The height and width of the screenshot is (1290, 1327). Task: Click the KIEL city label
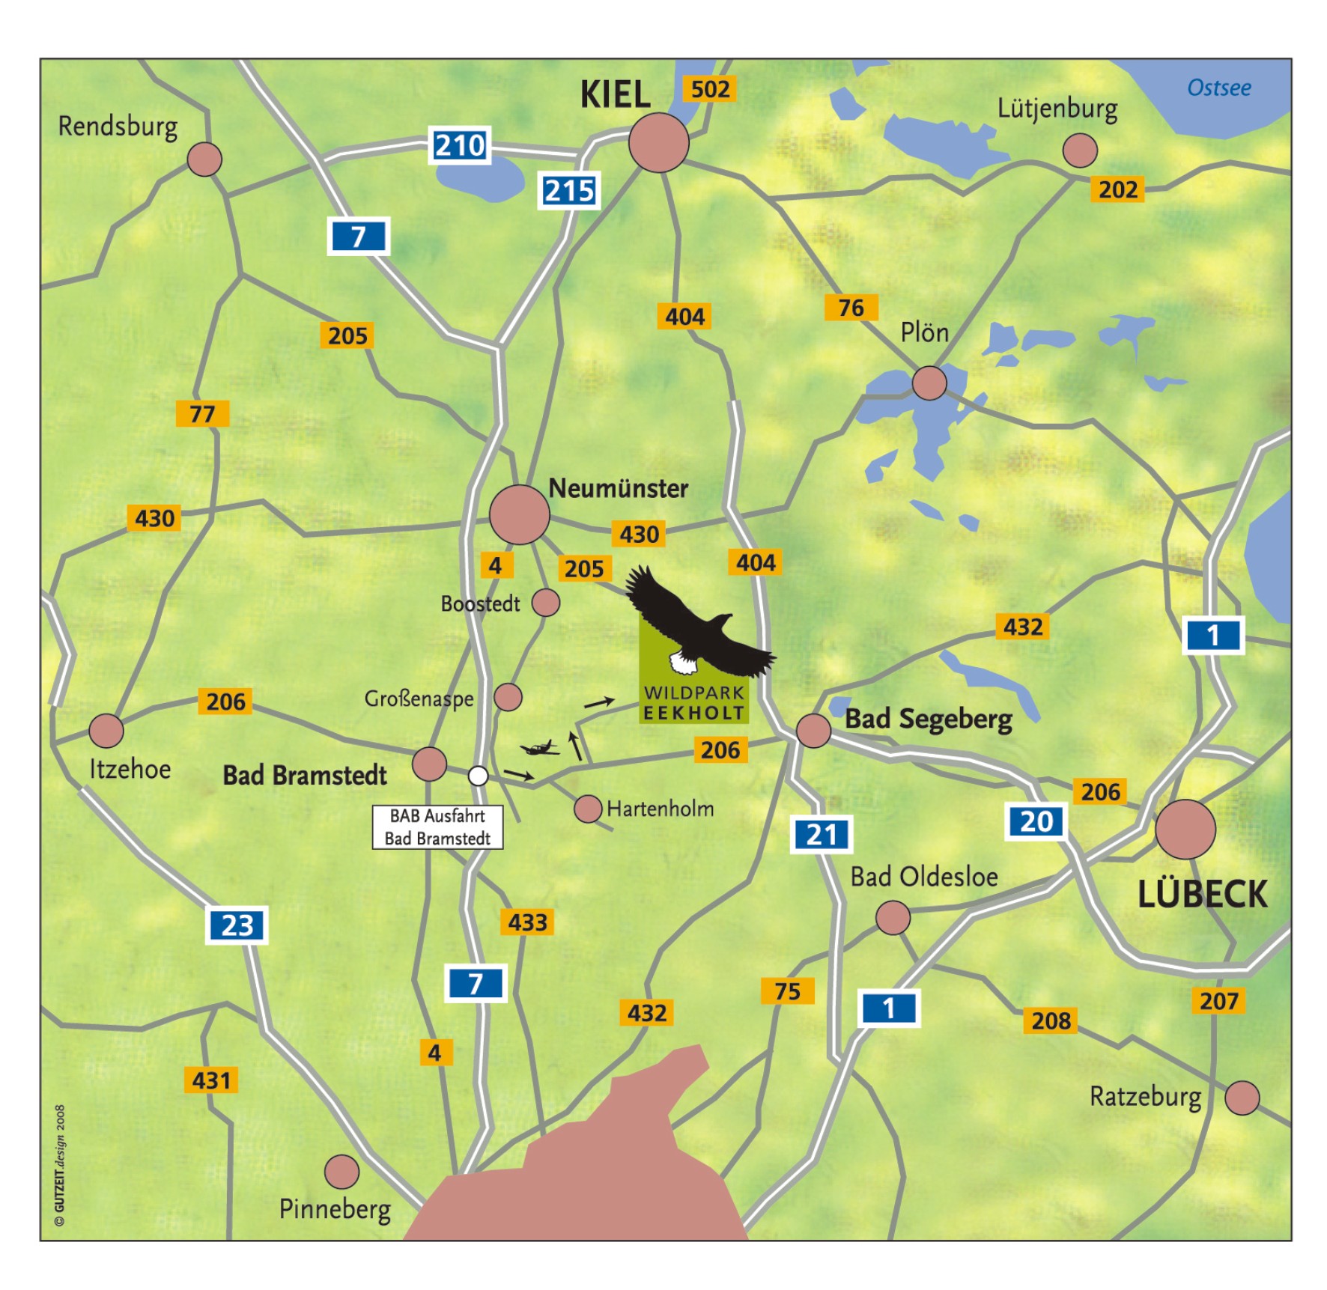tap(615, 95)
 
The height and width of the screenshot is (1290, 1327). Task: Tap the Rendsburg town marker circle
tap(204, 159)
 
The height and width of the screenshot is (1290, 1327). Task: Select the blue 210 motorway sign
tap(460, 145)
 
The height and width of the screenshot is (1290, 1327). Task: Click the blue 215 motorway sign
tap(569, 191)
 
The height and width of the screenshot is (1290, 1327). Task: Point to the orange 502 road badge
tap(709, 89)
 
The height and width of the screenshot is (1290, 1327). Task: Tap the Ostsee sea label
tap(1218, 88)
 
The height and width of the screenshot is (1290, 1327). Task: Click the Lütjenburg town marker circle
tap(1080, 150)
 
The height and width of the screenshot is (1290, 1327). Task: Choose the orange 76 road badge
tap(851, 308)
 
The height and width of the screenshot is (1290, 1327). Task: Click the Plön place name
tap(924, 332)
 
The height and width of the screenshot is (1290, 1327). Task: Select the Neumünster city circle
tap(519, 514)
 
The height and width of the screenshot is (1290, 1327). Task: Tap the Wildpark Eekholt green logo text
tap(693, 703)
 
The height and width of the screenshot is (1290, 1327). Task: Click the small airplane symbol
tap(540, 747)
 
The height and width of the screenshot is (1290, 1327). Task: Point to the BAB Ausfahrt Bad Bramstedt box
tap(437, 827)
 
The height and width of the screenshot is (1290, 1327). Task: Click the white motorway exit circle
tap(478, 776)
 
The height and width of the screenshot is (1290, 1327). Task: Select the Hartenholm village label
tap(660, 809)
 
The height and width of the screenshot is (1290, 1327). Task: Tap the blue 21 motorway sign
tap(822, 834)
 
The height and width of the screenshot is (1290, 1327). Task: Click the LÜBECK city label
tap(1202, 895)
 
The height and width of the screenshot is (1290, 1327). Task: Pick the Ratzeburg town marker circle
tap(1242, 1098)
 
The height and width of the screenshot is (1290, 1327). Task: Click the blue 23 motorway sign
tap(237, 925)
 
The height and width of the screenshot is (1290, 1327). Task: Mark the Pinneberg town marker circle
tap(341, 1172)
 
